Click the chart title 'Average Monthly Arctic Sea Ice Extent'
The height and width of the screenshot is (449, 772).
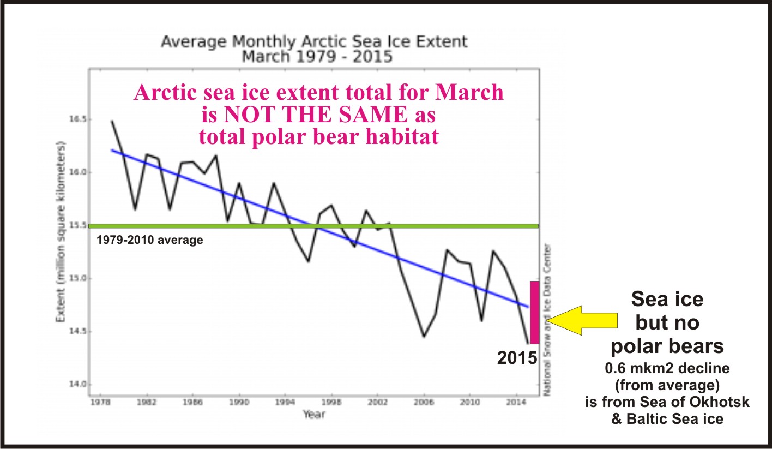pos(314,42)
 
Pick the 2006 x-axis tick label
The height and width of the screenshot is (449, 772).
pos(424,402)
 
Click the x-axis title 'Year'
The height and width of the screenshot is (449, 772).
pos(314,415)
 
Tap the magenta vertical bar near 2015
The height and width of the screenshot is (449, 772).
pos(534,312)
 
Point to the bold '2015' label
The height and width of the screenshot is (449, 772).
pos(517,358)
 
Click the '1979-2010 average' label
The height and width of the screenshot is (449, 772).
pos(150,240)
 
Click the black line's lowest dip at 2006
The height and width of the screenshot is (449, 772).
pos(424,337)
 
